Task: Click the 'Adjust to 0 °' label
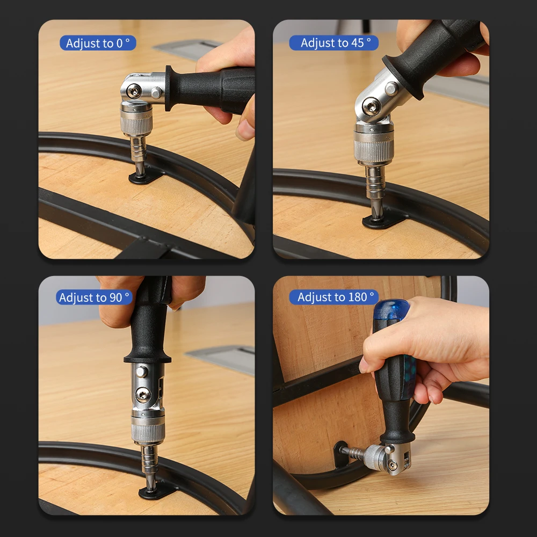pos(98,43)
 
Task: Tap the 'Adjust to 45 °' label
pos(333,43)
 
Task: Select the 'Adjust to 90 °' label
pos(94,297)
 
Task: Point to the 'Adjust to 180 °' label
pos(334,297)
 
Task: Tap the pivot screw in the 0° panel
pos(134,91)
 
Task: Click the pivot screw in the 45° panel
pos(371,105)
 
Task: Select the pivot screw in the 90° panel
pos(143,395)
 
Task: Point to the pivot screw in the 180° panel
pos(393,464)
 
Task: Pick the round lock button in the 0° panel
pos(156,92)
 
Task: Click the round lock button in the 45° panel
pos(391,89)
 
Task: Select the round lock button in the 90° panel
pos(142,372)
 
